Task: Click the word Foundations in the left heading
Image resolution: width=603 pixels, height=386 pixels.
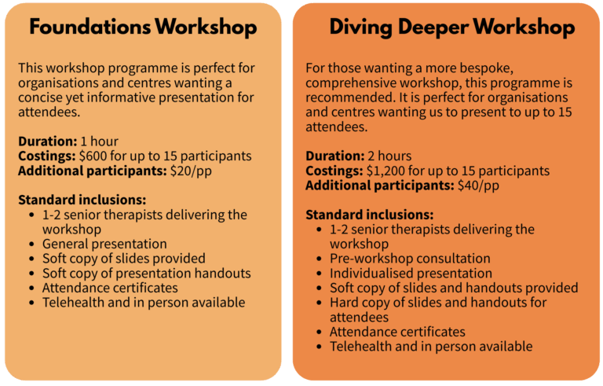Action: [x=90, y=27]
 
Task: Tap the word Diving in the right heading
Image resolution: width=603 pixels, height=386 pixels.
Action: [x=360, y=28]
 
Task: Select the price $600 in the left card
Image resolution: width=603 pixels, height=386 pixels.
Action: [x=93, y=156]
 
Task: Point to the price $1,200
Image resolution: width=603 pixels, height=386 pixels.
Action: [x=386, y=171]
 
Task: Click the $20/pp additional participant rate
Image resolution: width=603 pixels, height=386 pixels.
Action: [x=191, y=171]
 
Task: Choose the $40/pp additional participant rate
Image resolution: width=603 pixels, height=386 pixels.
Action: [x=478, y=186]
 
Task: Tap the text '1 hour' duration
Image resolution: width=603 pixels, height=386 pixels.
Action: [x=99, y=142]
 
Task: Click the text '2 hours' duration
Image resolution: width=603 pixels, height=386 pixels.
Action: [x=389, y=156]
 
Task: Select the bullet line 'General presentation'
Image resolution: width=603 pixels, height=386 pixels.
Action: [x=104, y=244]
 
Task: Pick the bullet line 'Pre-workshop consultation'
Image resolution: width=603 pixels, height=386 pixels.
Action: [x=410, y=259]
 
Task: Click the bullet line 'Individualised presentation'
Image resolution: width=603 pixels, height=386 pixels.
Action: [x=411, y=273]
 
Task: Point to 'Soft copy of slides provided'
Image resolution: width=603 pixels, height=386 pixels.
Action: [x=124, y=259]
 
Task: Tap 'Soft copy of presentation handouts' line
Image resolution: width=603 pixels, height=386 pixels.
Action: [x=147, y=273]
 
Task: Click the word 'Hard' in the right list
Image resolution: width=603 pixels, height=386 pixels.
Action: [x=344, y=303]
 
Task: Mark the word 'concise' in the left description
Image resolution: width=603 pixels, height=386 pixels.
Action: [x=39, y=97]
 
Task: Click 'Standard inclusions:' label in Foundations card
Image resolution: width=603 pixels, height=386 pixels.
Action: [x=82, y=200]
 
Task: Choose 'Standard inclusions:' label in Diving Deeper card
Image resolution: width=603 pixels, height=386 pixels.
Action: [x=370, y=215]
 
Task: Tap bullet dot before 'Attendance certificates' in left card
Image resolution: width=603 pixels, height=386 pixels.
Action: [x=31, y=288]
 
